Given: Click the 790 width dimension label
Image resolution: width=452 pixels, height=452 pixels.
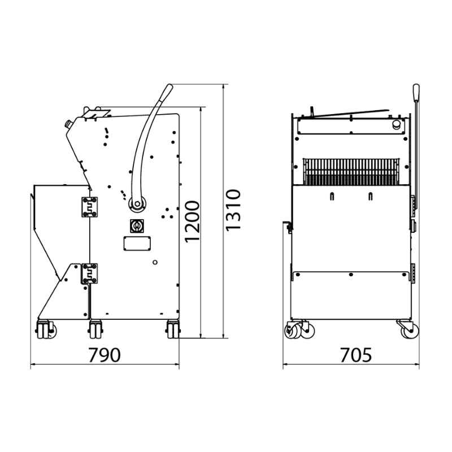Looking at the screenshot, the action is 104,355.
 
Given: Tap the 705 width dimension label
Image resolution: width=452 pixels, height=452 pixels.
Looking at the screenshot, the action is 356,355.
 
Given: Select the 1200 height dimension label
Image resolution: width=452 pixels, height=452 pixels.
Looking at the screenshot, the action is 192,221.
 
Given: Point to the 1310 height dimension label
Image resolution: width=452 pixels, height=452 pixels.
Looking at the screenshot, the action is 233,210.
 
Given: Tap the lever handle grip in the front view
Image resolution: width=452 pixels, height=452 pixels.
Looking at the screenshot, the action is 416,92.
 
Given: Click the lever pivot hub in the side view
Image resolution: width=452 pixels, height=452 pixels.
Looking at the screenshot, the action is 137,204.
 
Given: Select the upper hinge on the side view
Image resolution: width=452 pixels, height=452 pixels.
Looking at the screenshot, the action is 89,207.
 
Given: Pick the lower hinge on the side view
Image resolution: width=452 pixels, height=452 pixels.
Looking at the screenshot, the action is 89,273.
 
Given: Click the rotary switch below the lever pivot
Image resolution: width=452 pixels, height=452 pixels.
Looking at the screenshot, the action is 137,226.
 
